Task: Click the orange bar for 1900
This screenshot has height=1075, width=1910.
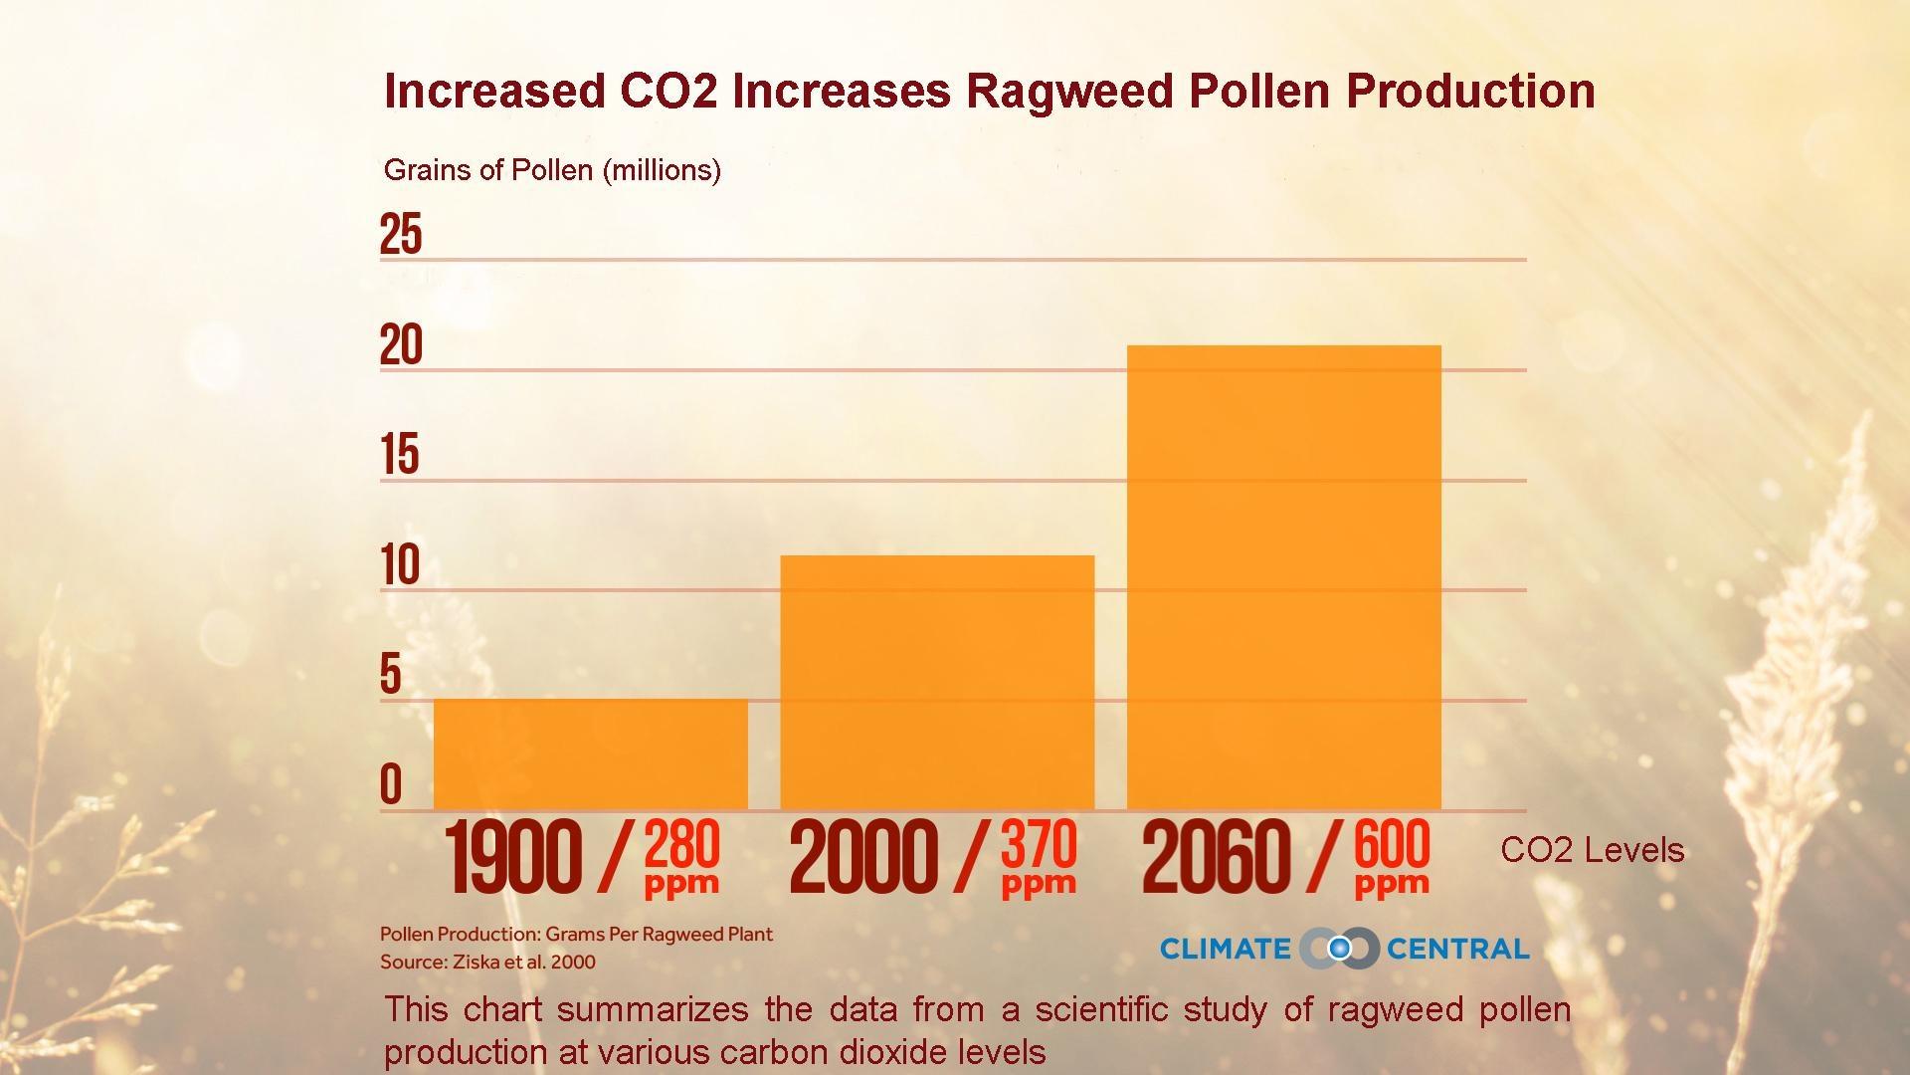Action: tap(591, 753)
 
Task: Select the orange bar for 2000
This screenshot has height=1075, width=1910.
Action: tap(937, 682)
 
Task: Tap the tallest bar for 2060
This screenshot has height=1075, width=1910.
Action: tap(1283, 577)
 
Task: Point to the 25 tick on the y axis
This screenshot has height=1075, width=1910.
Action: tap(401, 235)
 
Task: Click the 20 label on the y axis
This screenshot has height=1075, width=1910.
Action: tap(401, 345)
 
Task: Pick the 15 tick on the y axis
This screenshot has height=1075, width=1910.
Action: tap(400, 456)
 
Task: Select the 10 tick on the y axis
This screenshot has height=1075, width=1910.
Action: tap(400, 565)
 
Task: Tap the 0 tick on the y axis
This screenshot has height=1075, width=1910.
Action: tap(391, 784)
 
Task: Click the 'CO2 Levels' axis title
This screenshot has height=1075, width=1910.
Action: tap(1592, 850)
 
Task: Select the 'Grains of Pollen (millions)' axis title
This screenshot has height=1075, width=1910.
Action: tap(552, 170)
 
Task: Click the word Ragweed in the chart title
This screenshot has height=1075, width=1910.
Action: tap(1069, 91)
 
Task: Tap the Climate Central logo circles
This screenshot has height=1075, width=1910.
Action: tap(1339, 949)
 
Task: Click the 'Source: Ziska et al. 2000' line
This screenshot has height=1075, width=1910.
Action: tap(487, 963)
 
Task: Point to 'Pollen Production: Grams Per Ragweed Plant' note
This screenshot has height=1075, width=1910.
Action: tap(576, 935)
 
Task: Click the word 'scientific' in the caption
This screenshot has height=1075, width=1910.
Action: tap(1100, 1009)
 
